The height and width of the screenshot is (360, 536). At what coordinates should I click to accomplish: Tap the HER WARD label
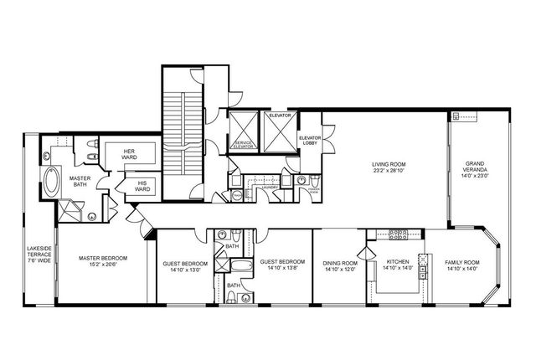point(130,153)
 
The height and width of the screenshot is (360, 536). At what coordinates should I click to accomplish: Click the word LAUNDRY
point(268,189)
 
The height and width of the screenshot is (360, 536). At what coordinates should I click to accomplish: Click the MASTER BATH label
point(80,182)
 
